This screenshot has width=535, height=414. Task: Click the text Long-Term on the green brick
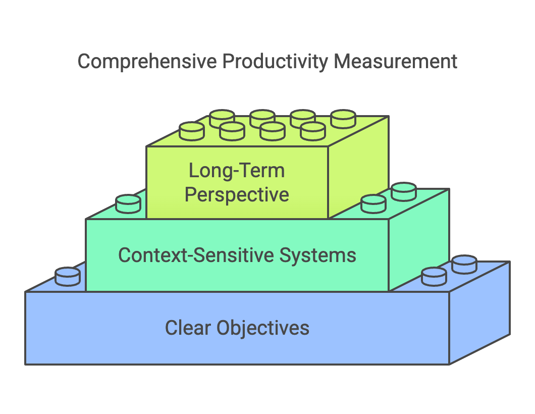click(x=237, y=171)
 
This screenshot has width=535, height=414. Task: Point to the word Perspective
click(x=237, y=195)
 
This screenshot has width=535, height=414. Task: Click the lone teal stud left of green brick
click(x=128, y=204)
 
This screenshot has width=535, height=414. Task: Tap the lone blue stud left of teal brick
click(x=68, y=276)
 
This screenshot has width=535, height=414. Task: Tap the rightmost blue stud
click(x=464, y=264)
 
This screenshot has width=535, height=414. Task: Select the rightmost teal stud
click(x=404, y=191)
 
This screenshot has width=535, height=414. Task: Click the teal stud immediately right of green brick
click(x=373, y=203)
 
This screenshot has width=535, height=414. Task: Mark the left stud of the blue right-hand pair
click(x=434, y=276)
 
